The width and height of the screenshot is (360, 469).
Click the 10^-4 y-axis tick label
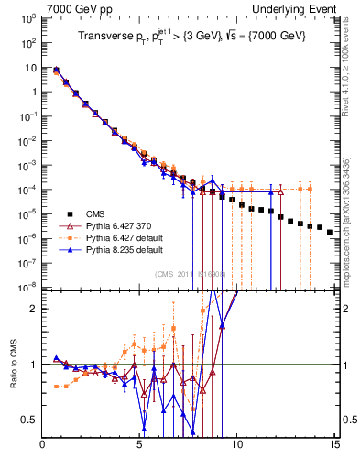[x=28, y=189]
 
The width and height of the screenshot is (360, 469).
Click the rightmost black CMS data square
[x=330, y=232]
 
